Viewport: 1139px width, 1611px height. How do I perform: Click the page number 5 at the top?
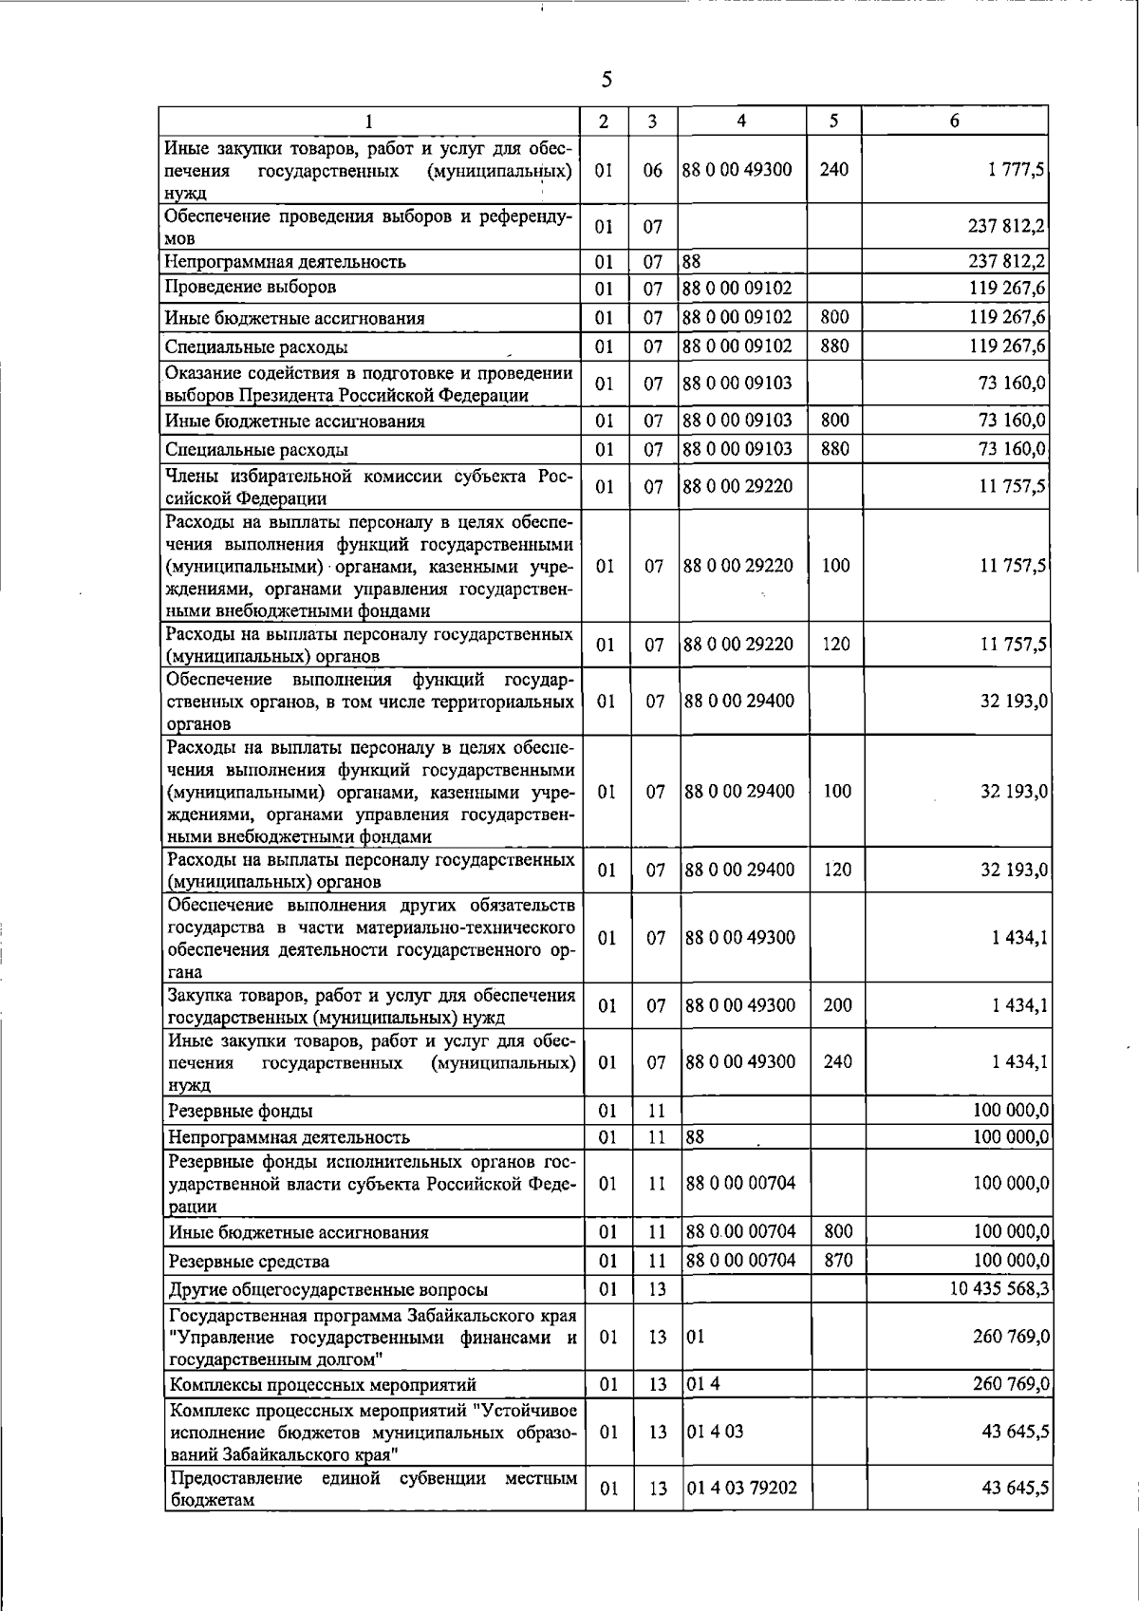(x=607, y=80)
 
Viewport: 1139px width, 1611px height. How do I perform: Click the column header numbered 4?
(x=741, y=121)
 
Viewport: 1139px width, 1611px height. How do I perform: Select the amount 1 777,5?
(x=1017, y=170)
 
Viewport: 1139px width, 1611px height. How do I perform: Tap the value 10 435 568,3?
(x=999, y=1288)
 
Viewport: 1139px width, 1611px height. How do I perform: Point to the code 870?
(x=838, y=1261)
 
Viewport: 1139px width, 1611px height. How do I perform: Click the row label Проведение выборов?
(x=251, y=287)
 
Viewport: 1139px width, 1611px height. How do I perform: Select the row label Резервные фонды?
(x=240, y=1111)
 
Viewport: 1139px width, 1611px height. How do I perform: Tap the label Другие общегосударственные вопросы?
(x=328, y=1289)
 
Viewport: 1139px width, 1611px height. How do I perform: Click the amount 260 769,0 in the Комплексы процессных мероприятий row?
(x=1011, y=1384)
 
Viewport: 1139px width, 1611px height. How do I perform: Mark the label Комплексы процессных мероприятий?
(x=323, y=1385)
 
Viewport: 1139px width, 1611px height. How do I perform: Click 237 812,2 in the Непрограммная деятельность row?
(x=1007, y=261)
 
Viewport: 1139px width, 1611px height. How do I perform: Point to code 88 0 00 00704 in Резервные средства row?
(x=740, y=1261)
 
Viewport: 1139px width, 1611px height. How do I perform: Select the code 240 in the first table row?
(x=833, y=170)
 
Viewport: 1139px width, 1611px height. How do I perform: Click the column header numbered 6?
(x=955, y=121)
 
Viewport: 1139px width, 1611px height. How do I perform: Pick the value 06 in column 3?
(x=652, y=170)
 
